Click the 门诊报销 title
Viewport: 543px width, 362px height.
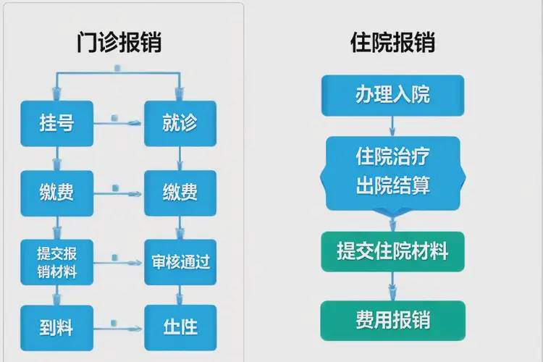pos(119,42)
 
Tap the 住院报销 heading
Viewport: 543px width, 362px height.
pos(392,42)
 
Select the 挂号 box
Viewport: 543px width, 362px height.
pos(56,123)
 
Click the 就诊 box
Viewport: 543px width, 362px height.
pos(180,123)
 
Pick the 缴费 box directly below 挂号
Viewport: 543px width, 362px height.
pos(56,193)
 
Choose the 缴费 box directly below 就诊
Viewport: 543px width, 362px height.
pos(180,193)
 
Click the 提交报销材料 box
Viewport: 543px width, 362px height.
pos(56,262)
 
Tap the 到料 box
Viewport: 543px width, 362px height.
pos(56,327)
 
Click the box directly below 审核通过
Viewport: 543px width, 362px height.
pos(180,327)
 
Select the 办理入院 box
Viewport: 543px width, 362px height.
pos(392,95)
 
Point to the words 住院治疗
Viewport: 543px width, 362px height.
pos(392,156)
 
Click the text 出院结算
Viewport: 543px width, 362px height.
pos(392,185)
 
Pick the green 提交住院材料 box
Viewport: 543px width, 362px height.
pos(392,251)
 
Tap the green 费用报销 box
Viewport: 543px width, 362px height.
pos(392,319)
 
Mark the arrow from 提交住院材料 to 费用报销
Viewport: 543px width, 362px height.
pos(392,285)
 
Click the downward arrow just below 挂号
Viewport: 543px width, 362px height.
pos(56,158)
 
